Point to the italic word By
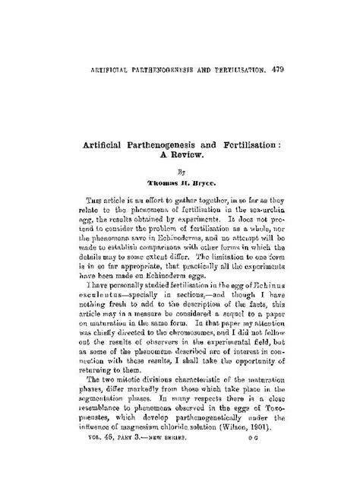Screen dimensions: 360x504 tap(180, 172)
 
